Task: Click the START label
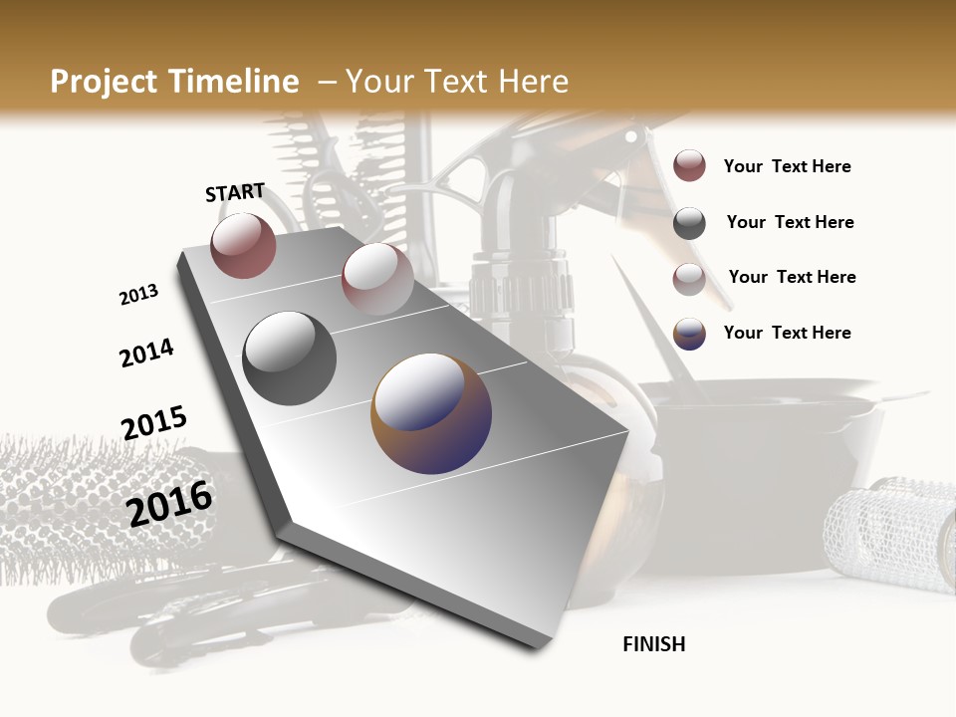pyautogui.click(x=235, y=192)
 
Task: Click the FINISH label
pyautogui.click(x=654, y=644)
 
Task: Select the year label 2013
pyautogui.click(x=138, y=294)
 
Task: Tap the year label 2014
pyautogui.click(x=146, y=353)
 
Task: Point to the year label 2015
pyautogui.click(x=154, y=423)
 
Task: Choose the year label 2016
pyautogui.click(x=169, y=504)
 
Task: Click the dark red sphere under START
pyautogui.click(x=243, y=245)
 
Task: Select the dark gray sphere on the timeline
pyautogui.click(x=290, y=358)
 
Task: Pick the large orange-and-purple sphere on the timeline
pyautogui.click(x=431, y=413)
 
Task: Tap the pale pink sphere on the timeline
pyautogui.click(x=377, y=279)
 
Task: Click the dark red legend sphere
pyautogui.click(x=689, y=166)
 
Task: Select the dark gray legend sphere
pyautogui.click(x=689, y=223)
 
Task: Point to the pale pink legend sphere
pyautogui.click(x=689, y=279)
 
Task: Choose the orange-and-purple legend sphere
pyautogui.click(x=689, y=334)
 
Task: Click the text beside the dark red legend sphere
pyautogui.click(x=787, y=167)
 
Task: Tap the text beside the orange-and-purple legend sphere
pyautogui.click(x=787, y=333)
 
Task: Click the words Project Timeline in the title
pyautogui.click(x=174, y=82)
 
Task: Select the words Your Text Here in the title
pyautogui.click(x=456, y=82)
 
